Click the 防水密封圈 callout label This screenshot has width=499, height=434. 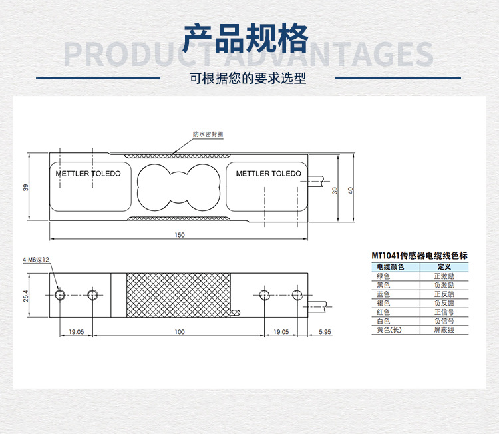click(208, 134)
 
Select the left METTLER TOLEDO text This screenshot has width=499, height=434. click(88, 174)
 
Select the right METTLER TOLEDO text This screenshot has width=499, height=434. click(268, 174)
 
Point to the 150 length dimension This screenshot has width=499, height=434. click(180, 235)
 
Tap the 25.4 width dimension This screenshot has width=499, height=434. click(26, 294)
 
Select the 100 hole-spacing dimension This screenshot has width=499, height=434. click(179, 331)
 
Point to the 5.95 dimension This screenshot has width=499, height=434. click(324, 331)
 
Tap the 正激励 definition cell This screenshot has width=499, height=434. click(444, 276)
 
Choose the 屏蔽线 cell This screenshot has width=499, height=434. click(444, 330)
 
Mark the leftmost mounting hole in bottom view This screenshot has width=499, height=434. click(61, 294)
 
